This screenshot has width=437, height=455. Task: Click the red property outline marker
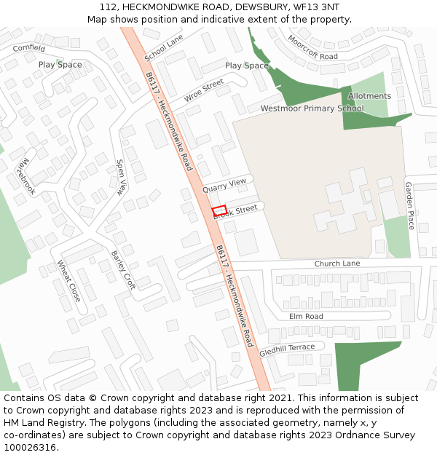pos(219,210)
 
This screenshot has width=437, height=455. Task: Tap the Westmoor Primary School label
pos(312,108)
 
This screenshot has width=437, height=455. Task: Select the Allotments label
pos(369,96)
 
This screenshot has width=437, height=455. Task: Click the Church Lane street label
pos(337,263)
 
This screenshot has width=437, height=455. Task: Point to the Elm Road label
pos(306,317)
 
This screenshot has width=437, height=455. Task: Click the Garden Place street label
pos(409,206)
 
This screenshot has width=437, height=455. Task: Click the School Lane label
pos(164,47)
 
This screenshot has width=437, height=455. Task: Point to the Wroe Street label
pos(203,91)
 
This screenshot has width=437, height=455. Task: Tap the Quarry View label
pos(225,185)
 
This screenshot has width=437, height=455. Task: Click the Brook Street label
pos(237,210)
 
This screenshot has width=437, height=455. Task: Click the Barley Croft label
pos(123,270)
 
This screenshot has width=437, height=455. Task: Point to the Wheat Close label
pos(68,282)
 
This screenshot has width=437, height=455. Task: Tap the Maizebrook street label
pos(25,176)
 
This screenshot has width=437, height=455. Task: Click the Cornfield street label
pos(28,48)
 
